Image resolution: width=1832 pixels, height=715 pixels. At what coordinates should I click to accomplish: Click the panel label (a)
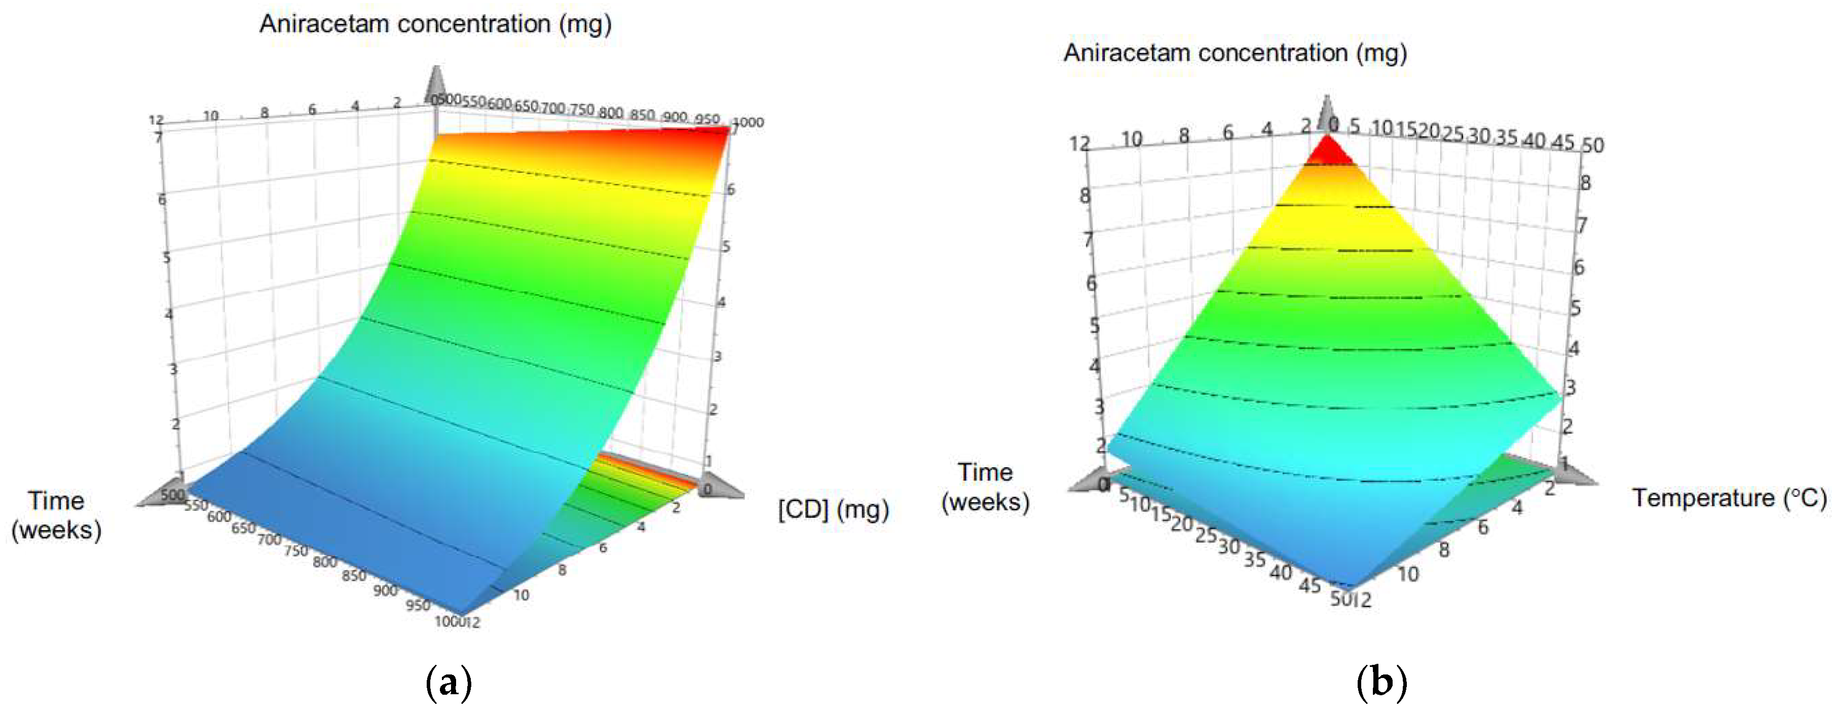pos(448,683)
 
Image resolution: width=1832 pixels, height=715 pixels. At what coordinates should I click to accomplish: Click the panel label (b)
pos(1381,683)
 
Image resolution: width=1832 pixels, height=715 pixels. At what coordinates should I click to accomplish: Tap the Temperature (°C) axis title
pos(1728,498)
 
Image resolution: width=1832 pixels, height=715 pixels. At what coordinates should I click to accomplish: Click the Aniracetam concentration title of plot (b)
pos(1235,53)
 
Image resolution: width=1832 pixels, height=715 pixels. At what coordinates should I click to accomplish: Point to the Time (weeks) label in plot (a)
pos(56,515)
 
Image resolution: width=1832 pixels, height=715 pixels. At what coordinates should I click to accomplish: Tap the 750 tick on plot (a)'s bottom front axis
pos(296,550)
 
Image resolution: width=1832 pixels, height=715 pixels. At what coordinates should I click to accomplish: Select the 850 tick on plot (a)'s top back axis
pos(642,115)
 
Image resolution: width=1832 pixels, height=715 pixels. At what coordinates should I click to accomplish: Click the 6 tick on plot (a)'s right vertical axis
pos(730,190)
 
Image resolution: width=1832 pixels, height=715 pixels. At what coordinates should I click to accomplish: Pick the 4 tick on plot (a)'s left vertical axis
pos(169,313)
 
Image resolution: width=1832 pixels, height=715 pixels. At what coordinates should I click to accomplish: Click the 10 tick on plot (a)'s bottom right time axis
pos(521,595)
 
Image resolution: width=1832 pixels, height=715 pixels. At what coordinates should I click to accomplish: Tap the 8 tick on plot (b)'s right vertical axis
pos(1585,183)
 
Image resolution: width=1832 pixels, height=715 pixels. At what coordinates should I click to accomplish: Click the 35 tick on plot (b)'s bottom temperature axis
pos(1254,559)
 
